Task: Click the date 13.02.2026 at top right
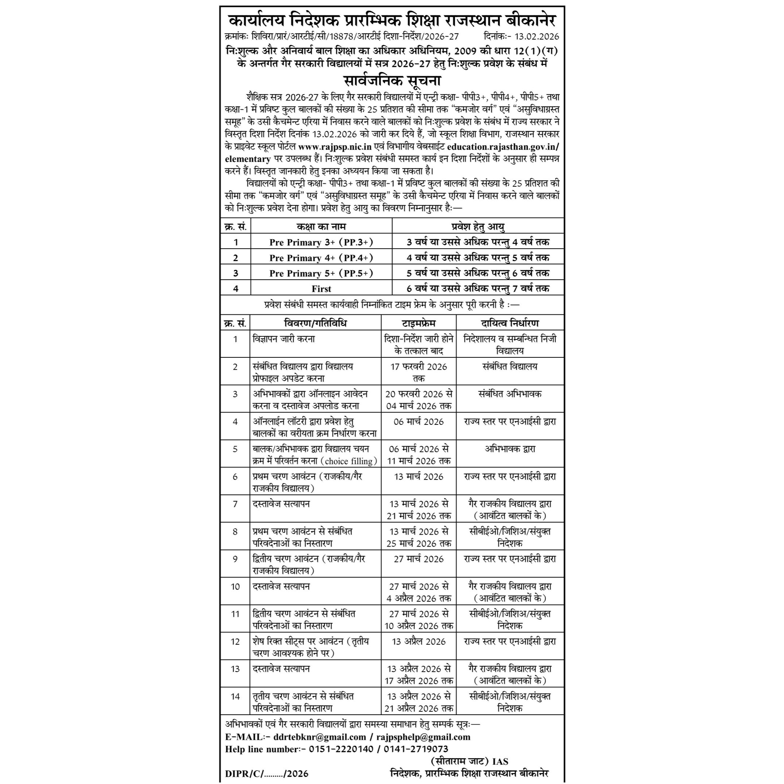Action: (x=536, y=36)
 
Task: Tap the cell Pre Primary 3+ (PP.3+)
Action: (x=321, y=242)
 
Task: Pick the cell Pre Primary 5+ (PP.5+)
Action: (x=321, y=273)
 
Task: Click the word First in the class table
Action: (x=321, y=289)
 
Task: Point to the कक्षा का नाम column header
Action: (x=321, y=226)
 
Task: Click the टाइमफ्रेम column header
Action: (x=418, y=323)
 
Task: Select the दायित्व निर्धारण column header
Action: (x=510, y=323)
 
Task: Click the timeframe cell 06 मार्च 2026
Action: (x=418, y=422)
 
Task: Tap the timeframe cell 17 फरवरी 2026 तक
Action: (x=418, y=372)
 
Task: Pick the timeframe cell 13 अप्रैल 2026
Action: (x=418, y=641)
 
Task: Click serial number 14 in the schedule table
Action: (x=235, y=696)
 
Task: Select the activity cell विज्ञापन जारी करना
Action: (x=284, y=339)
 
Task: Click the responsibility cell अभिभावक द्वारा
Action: (x=510, y=449)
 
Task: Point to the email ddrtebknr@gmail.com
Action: (x=319, y=737)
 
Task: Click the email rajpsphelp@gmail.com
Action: (x=423, y=737)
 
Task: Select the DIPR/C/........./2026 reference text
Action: (x=267, y=774)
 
